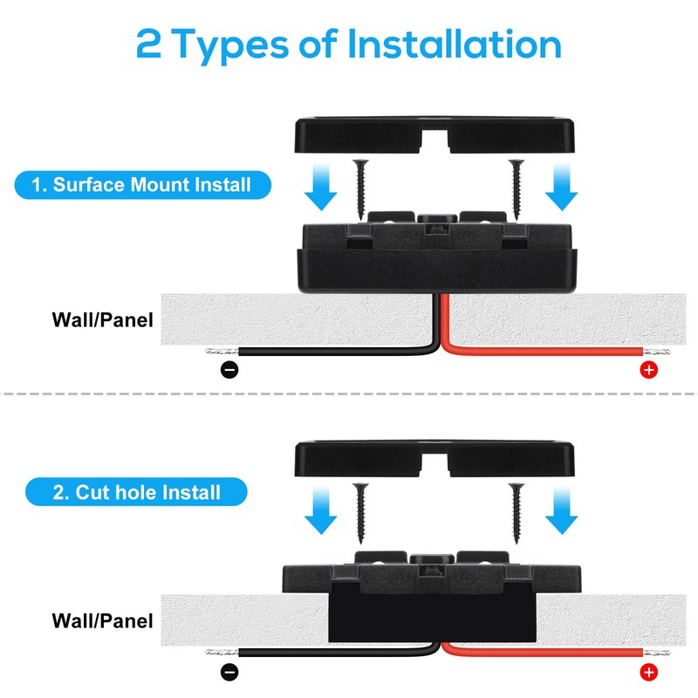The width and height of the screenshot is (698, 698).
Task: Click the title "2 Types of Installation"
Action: coord(349,44)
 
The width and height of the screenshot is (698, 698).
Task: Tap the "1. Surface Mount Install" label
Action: coord(142,185)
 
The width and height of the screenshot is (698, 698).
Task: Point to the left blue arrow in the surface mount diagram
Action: coord(323,188)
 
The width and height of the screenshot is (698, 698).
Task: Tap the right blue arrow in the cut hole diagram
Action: coord(562,513)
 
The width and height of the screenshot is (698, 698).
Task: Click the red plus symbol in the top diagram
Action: coord(648,370)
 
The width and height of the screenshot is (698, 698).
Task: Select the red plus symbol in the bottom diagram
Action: coord(648,672)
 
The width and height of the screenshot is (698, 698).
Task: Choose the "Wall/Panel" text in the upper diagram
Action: coord(103,320)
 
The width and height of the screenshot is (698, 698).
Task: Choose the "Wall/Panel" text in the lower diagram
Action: coord(103,621)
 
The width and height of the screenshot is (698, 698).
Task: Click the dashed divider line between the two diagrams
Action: coord(349,393)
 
